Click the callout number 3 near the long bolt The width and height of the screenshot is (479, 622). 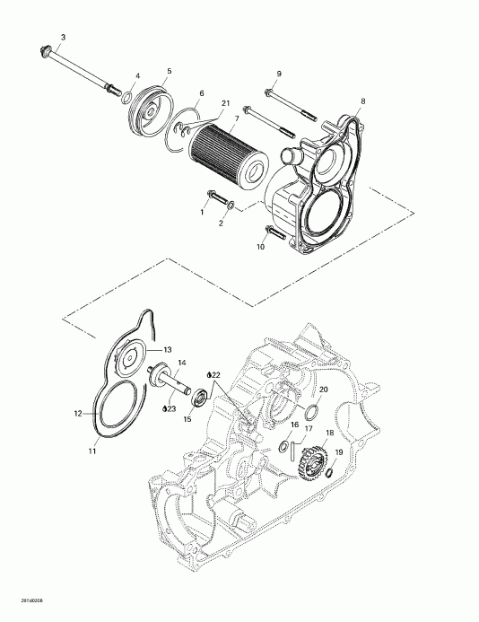pyautogui.click(x=62, y=37)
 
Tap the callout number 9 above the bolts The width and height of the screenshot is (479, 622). pyautogui.click(x=279, y=73)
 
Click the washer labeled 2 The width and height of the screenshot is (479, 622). pyautogui.click(x=232, y=208)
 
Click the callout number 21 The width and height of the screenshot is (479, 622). pyautogui.click(x=226, y=105)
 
